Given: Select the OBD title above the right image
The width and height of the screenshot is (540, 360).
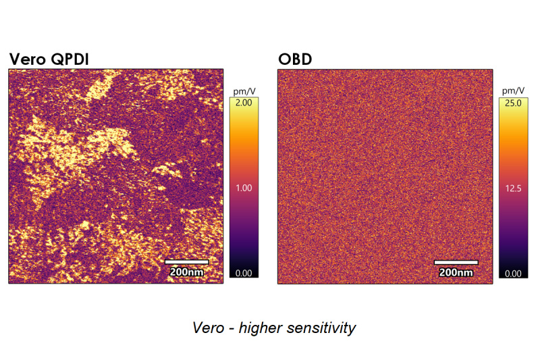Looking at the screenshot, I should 295,59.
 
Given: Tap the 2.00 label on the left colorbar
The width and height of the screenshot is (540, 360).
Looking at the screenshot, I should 242,103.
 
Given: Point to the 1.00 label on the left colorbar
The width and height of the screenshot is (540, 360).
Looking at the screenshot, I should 242,188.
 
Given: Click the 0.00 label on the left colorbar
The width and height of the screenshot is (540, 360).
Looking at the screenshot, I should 242,273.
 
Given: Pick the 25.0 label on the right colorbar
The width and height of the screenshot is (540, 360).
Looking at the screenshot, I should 513,103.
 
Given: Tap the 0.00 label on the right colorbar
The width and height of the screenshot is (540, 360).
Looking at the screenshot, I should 513,273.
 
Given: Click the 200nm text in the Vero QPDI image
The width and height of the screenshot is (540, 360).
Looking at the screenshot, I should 186,272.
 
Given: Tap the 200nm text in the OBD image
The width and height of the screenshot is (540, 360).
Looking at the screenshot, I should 456,272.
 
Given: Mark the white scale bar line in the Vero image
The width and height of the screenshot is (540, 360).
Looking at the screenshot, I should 186,262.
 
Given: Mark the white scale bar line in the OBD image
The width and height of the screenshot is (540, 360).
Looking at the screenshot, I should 456,262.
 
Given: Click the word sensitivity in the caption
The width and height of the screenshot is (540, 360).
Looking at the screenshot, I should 319,328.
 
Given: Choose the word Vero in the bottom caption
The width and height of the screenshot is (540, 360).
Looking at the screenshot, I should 207,328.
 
